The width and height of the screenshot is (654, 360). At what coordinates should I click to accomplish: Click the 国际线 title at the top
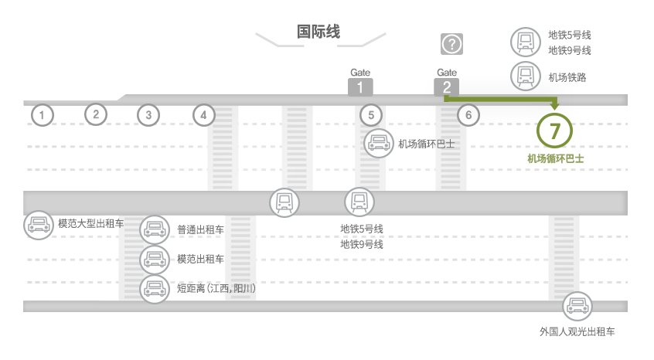tap(318, 32)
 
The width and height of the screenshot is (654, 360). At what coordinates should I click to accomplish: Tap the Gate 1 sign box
tap(360, 87)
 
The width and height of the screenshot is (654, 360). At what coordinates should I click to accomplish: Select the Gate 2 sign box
tap(447, 87)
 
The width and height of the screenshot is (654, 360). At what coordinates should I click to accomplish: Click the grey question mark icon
tap(451, 44)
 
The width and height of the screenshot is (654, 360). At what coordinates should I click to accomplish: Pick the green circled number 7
tap(554, 131)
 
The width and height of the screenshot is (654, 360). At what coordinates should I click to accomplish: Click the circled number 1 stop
tap(42, 115)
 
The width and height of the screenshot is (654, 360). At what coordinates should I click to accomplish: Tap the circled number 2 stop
tap(96, 114)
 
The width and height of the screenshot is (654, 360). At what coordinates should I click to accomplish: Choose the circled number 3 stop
tap(148, 115)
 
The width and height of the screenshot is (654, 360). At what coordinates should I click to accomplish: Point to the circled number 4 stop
tap(203, 115)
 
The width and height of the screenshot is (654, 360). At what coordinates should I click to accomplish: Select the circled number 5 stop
tap(371, 115)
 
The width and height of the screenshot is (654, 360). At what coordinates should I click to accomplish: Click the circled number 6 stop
tap(468, 115)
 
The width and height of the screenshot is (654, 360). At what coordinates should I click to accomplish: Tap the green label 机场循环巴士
tap(556, 158)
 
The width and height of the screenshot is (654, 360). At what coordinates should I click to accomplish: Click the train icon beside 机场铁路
tap(526, 76)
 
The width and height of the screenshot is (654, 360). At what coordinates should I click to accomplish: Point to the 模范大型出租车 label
tap(91, 224)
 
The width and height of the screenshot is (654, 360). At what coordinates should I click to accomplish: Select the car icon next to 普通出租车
tap(155, 229)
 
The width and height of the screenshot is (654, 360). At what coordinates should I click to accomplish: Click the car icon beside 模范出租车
tap(155, 260)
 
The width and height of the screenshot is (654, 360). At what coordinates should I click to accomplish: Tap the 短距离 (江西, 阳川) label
tap(216, 288)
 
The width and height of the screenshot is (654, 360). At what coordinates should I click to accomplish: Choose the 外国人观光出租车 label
tap(577, 332)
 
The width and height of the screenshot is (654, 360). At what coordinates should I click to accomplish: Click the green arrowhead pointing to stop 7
tap(554, 106)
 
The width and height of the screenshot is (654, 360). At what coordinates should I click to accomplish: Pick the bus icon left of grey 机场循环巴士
tap(378, 144)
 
